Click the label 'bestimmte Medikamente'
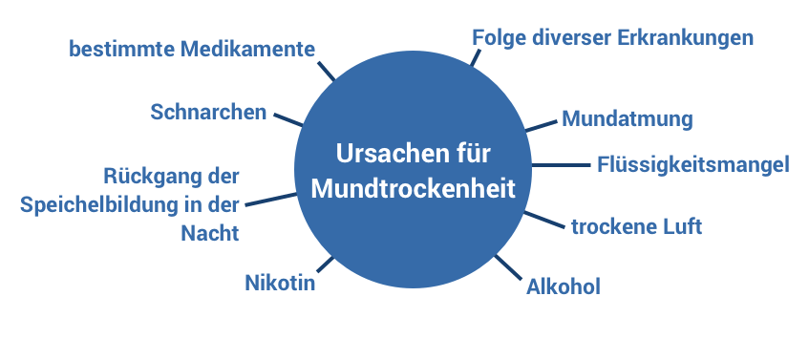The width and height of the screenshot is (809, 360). pos(192,49)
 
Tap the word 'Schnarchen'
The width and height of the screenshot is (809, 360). pos(208,112)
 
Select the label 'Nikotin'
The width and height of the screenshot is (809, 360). pos(280,283)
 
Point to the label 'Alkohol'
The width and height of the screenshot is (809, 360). pos(564,286)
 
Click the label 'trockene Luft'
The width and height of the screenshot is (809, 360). pos(636,226)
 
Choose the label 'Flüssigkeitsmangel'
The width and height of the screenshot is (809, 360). pos(692,164)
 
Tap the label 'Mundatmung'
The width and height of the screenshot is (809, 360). pos(627,119)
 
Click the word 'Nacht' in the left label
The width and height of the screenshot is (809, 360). pos(210,233)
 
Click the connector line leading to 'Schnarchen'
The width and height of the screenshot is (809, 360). pos(288,118)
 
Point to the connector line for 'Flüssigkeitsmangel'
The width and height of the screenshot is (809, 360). pos(560,164)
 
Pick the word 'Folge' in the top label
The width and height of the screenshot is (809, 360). pos(499,37)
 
